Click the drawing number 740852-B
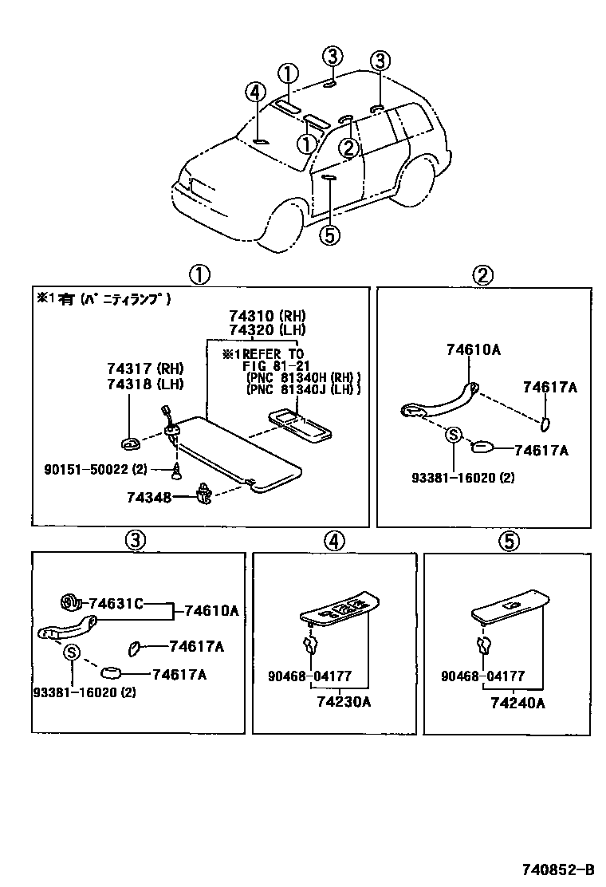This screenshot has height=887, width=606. coord(557,869)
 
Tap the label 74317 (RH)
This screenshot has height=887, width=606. coord(144,369)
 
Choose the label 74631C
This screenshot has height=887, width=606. coord(116,603)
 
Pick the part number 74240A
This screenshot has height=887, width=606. coord(517,703)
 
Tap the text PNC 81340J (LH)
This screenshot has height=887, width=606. coord(303,389)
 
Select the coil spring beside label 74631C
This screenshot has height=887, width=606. coord(70,602)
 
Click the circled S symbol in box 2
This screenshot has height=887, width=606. coord(453,435)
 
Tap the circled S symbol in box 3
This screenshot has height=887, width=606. coord(71,652)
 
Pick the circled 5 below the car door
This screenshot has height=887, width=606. coord(330,235)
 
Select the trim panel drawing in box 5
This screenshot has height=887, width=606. coord(510,607)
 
